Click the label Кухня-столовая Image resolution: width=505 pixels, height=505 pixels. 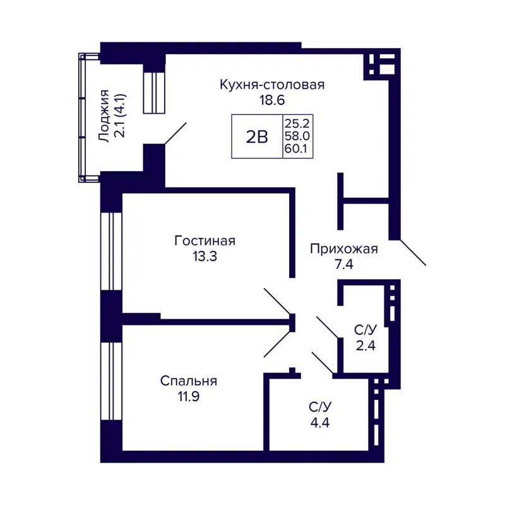coord(272,85)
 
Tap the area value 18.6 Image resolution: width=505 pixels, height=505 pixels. coord(272,99)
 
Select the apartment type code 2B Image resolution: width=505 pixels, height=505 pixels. coord(257,136)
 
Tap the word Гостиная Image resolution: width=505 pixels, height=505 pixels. coord(205,241)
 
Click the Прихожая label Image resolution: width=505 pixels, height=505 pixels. coord(343,249)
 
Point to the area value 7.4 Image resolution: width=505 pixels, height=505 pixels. coord(343,264)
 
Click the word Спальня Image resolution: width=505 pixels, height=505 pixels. coord(189,381)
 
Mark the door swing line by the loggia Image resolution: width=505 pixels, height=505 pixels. coord(175,134)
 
